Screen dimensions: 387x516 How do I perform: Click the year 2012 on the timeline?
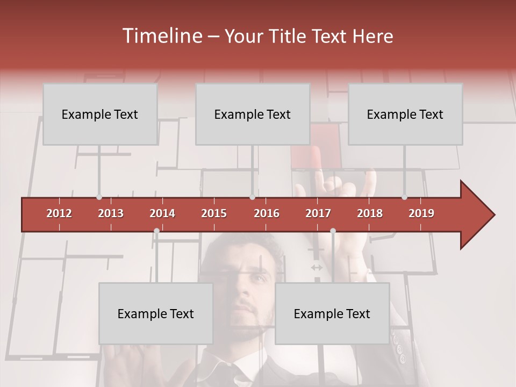(59, 213)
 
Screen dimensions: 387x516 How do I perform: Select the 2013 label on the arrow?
(111, 213)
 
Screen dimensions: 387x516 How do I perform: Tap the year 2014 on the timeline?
(162, 213)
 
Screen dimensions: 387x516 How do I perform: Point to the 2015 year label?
(214, 213)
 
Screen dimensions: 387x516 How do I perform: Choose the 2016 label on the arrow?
(267, 213)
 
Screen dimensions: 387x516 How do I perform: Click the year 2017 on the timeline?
(318, 213)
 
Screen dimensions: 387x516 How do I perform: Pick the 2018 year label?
(370, 213)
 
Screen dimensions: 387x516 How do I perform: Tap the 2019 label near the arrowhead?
(421, 213)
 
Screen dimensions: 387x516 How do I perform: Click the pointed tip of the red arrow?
(493, 215)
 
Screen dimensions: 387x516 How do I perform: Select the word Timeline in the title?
(161, 36)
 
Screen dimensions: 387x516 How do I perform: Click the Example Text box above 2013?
(100, 114)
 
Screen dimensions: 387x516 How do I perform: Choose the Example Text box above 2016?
(253, 114)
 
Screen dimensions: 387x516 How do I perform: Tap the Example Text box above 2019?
(405, 114)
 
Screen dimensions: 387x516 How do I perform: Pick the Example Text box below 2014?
(156, 313)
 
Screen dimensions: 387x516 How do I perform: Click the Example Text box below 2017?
(332, 313)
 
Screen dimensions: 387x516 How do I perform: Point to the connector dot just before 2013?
(99, 197)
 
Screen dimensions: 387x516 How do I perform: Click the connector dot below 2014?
(156, 231)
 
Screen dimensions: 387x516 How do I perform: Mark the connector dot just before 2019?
(404, 197)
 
